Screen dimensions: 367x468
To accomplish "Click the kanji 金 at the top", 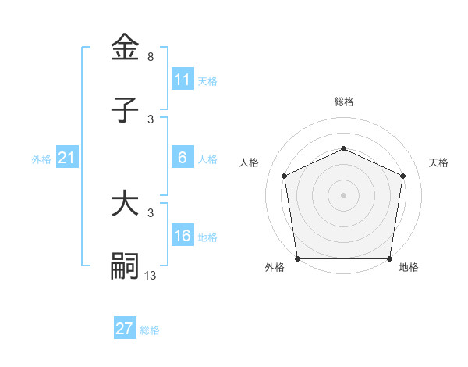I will (x=125, y=48).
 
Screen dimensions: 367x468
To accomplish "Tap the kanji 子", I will (x=125, y=110).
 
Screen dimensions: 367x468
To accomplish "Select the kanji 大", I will (x=125, y=205).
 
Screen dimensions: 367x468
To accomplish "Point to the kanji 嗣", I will (x=125, y=265).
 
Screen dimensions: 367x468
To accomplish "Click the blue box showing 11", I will (x=182, y=80).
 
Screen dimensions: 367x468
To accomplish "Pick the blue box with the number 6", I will (x=182, y=158).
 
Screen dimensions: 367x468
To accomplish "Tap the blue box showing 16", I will (x=182, y=236).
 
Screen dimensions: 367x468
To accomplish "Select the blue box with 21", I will (x=67, y=158).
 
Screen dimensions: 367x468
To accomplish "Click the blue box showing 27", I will (x=124, y=329).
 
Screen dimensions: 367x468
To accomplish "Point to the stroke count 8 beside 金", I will (x=151, y=57).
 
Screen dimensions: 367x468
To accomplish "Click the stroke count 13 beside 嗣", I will (x=151, y=275).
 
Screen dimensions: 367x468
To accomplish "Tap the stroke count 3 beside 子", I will (x=151, y=119).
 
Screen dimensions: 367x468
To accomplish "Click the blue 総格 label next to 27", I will (x=150, y=330).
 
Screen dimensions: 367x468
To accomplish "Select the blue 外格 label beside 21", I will (x=41, y=159).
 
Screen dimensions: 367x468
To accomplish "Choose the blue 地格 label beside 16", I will (x=207, y=237).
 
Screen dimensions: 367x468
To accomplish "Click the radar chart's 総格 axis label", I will (x=343, y=102).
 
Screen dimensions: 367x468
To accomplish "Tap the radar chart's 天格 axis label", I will (x=438, y=162).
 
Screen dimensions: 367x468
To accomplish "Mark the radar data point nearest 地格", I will (x=388, y=258).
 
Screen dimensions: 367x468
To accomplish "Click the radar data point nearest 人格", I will (x=284, y=176).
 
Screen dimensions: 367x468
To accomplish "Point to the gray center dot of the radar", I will (x=343, y=195).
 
